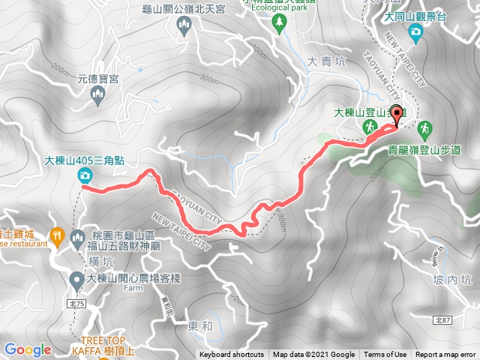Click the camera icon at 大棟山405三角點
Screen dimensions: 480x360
(x=85, y=175)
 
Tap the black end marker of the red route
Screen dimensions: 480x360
(x=397, y=115)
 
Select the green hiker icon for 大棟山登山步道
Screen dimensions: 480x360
(x=369, y=129)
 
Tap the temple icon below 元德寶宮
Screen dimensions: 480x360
(x=96, y=94)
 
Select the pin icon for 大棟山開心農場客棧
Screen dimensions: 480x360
(x=76, y=280)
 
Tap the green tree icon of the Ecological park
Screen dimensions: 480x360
(x=280, y=24)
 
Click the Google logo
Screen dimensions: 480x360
(x=28, y=349)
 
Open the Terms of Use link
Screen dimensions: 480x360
(x=385, y=355)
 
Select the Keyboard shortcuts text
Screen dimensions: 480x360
(x=232, y=355)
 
